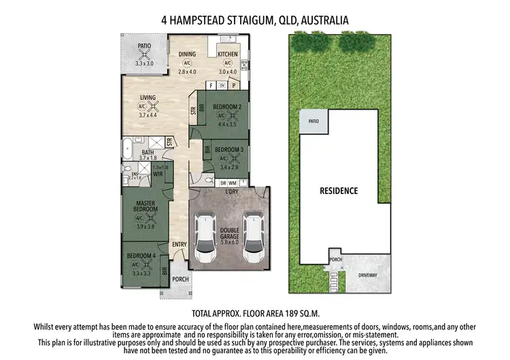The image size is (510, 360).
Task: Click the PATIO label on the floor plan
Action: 144,46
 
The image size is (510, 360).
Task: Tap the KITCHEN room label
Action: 228,54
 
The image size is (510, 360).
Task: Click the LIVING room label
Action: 148,98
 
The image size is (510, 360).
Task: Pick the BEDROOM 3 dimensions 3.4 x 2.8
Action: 224,165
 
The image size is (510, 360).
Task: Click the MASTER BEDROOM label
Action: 146,206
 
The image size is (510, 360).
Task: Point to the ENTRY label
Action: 180,245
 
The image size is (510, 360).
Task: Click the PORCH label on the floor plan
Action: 180,279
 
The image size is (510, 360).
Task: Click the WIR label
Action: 158,174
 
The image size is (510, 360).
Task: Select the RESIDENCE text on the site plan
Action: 339,191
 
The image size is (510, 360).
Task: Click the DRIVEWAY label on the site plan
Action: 369,275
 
